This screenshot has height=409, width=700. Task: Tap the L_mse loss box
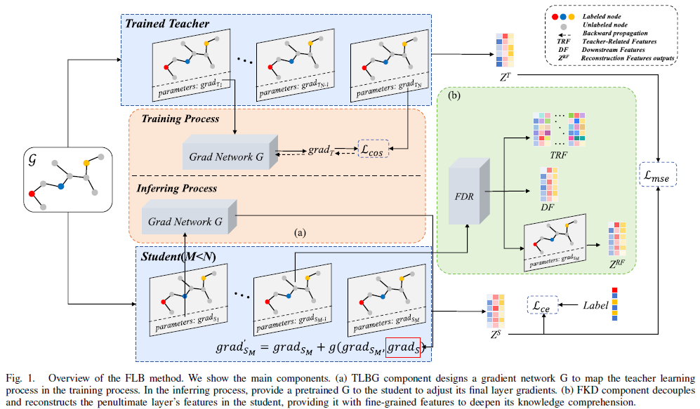point(659,178)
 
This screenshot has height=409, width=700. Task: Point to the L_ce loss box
point(543,306)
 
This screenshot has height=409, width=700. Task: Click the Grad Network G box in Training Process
point(225,156)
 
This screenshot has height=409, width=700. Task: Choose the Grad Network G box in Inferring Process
point(188,222)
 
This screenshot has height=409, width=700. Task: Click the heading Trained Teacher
point(167,25)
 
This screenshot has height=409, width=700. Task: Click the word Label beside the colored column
point(596,305)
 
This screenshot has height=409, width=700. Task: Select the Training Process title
point(180,119)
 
